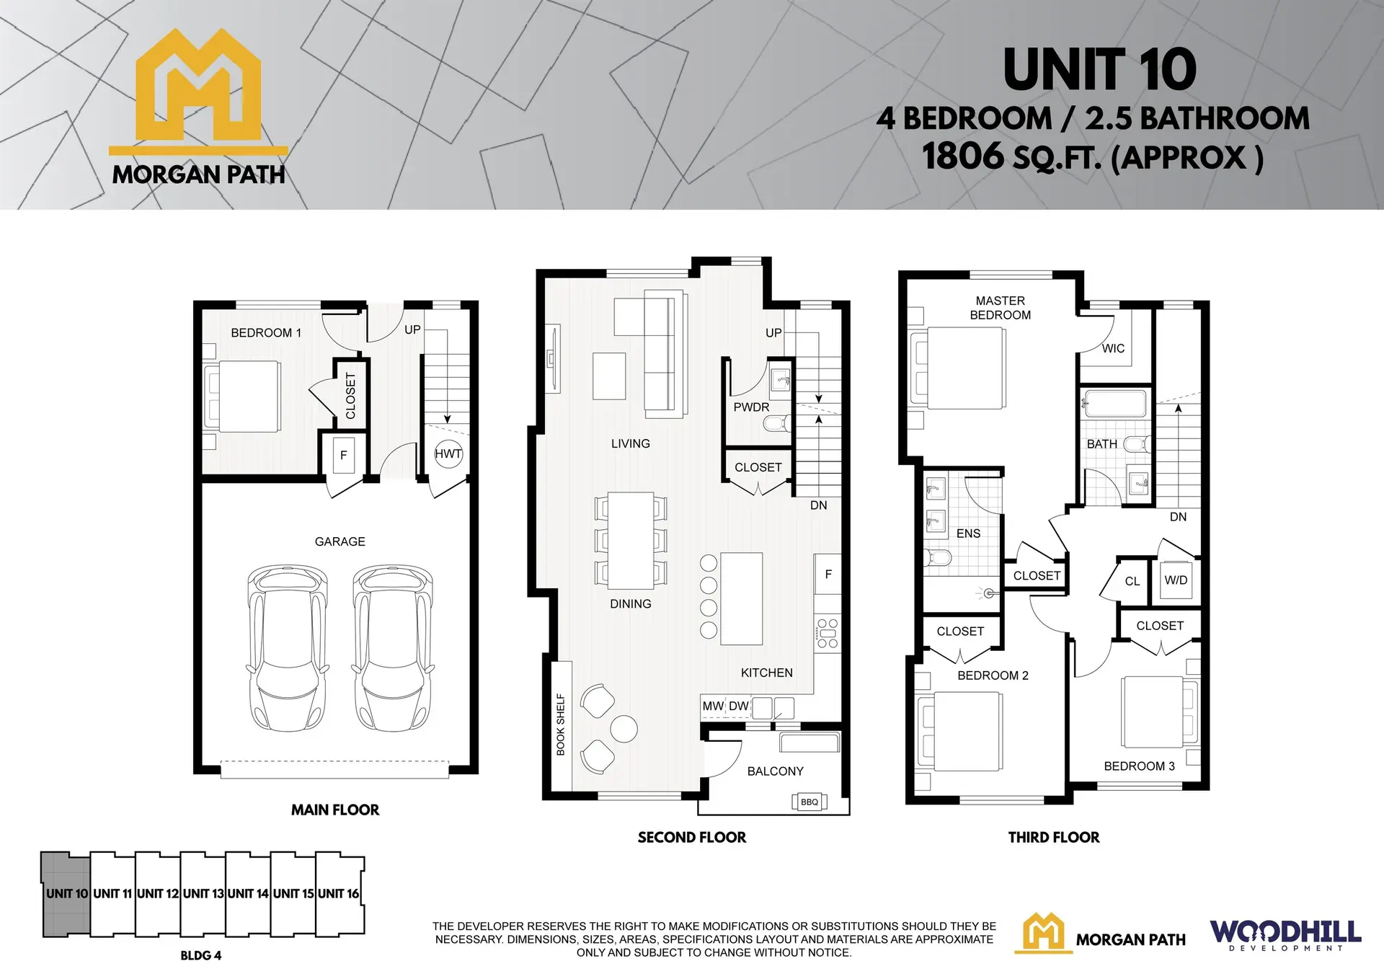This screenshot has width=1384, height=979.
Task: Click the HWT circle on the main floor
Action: pyautogui.click(x=448, y=453)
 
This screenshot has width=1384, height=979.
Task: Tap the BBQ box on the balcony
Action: pyautogui.click(x=809, y=802)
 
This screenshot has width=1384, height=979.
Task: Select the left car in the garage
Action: pyautogui.click(x=287, y=648)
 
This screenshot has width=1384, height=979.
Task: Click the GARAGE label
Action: pyautogui.click(x=340, y=541)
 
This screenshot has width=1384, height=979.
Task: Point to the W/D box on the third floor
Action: pyautogui.click(x=1176, y=580)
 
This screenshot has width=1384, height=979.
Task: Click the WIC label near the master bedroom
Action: pyautogui.click(x=1113, y=349)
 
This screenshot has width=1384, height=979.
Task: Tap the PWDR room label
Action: pyautogui.click(x=751, y=407)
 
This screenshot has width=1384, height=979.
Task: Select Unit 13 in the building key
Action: pyautogui.click(x=203, y=894)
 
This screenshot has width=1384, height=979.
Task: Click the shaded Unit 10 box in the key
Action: pyautogui.click(x=66, y=894)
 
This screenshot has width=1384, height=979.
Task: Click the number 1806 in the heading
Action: pyautogui.click(x=962, y=156)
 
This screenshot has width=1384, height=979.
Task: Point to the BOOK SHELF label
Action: pyautogui.click(x=561, y=725)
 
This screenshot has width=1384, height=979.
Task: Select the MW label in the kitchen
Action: pyautogui.click(x=712, y=706)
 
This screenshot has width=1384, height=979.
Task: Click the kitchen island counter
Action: pyautogui.click(x=741, y=598)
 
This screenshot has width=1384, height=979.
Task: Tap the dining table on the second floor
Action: pyautogui.click(x=631, y=541)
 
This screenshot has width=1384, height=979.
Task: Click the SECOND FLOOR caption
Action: pyautogui.click(x=691, y=838)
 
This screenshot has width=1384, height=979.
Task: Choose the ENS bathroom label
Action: pyautogui.click(x=968, y=533)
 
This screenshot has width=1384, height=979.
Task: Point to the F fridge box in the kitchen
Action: pyautogui.click(x=828, y=574)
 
